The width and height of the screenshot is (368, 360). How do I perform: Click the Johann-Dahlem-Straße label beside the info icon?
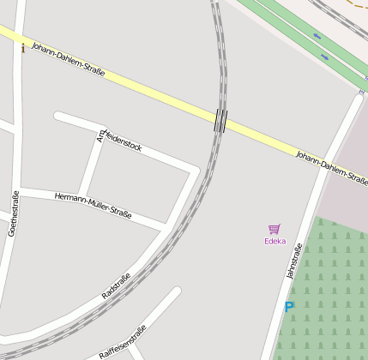[x=68, y=59]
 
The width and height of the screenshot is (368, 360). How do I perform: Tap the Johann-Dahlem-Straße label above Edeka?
[x=331, y=167]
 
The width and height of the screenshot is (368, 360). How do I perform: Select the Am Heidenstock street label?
[x=120, y=138]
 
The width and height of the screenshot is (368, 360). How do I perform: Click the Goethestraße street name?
[x=14, y=213]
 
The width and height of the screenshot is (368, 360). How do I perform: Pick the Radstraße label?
[x=116, y=285]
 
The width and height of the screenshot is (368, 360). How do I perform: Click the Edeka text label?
[x=274, y=241]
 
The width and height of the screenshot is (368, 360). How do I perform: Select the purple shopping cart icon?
[x=274, y=229]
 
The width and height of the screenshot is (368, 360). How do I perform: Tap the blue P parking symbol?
[x=289, y=306]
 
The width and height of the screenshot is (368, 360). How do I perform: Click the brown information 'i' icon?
[x=23, y=48]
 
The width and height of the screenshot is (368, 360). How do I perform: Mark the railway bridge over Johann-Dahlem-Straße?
[x=220, y=120]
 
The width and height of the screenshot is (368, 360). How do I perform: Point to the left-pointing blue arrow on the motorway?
[x=317, y=36]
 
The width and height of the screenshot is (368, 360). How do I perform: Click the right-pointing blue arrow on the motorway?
[x=324, y=57]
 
